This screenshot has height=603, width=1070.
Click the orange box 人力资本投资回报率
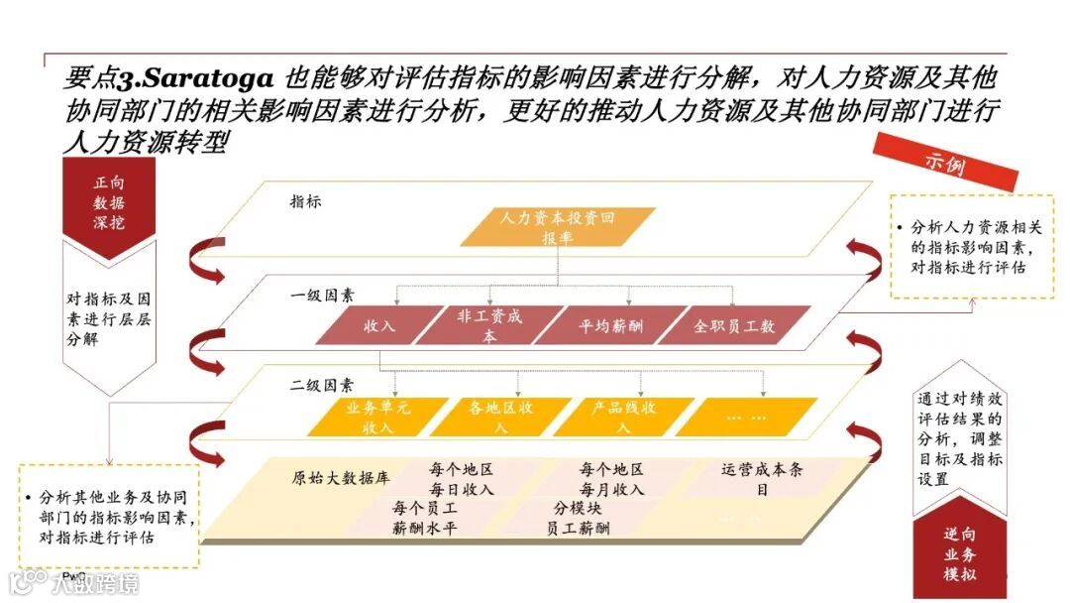tap(560, 226)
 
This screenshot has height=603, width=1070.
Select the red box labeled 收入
tap(379, 325)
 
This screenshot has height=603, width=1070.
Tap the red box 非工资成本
tap(489, 325)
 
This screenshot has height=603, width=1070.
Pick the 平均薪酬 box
tap(609, 325)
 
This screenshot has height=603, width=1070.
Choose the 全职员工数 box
tap(733, 325)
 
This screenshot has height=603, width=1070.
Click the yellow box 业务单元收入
tap(370, 417)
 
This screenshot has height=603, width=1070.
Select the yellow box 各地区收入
tap(499, 417)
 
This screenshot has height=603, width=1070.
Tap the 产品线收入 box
tap(623, 417)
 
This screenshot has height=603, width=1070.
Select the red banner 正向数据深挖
tap(109, 203)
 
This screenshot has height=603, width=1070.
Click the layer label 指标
tap(305, 201)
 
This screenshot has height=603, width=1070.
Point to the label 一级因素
tap(322, 296)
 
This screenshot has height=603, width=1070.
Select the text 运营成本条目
tap(762, 479)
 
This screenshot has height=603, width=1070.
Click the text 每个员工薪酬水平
tap(423, 518)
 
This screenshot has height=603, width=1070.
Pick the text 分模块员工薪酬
tap(578, 518)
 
